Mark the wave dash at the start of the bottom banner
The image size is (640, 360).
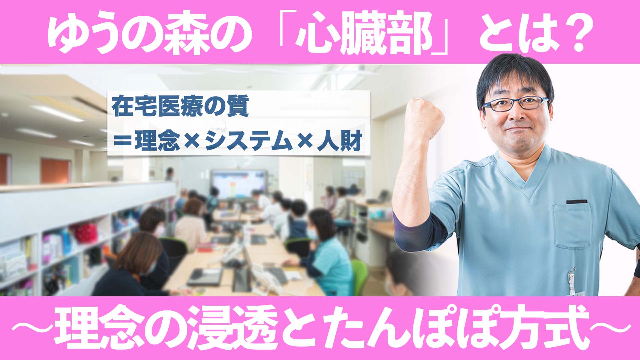pos(32,328)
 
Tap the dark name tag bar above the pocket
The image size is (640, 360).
pos(577,202)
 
